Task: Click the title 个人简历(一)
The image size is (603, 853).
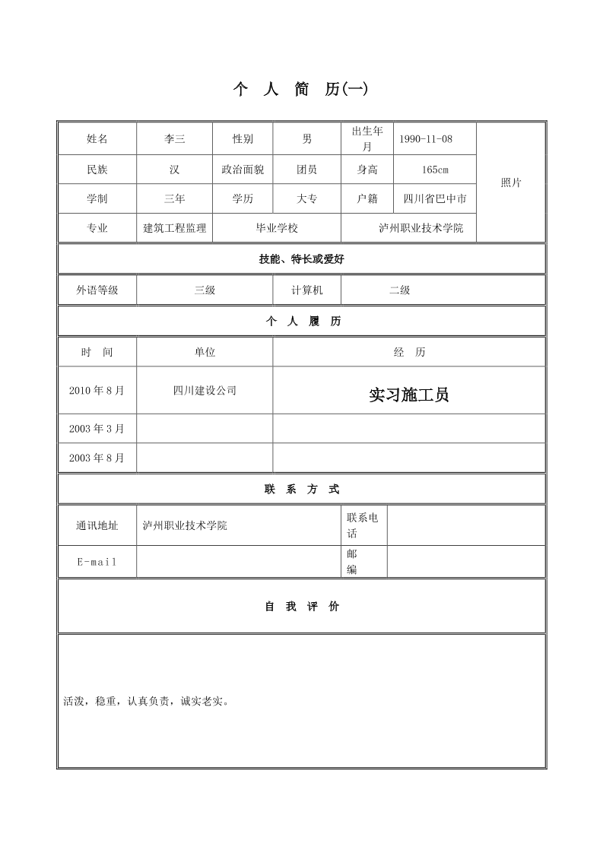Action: click(300, 90)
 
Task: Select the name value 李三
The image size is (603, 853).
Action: click(174, 139)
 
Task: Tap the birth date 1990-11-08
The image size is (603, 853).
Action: click(425, 139)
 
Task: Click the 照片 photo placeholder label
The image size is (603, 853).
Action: click(511, 183)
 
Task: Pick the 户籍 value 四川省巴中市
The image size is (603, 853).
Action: click(435, 199)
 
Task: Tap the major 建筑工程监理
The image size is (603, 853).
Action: click(174, 228)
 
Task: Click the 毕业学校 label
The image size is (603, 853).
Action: click(277, 228)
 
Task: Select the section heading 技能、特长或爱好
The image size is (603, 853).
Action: click(301, 259)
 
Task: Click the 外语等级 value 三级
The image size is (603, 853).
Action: click(205, 290)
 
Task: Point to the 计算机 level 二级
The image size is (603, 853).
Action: click(399, 290)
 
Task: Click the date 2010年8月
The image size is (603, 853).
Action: click(97, 391)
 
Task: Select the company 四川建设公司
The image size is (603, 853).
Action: click(205, 391)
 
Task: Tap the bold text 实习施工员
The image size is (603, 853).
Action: click(408, 395)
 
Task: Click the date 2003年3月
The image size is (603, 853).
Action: click(97, 429)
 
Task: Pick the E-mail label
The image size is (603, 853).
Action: click(97, 562)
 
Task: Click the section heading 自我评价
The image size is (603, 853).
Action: click(302, 607)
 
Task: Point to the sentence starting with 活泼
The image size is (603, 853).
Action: click(146, 701)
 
